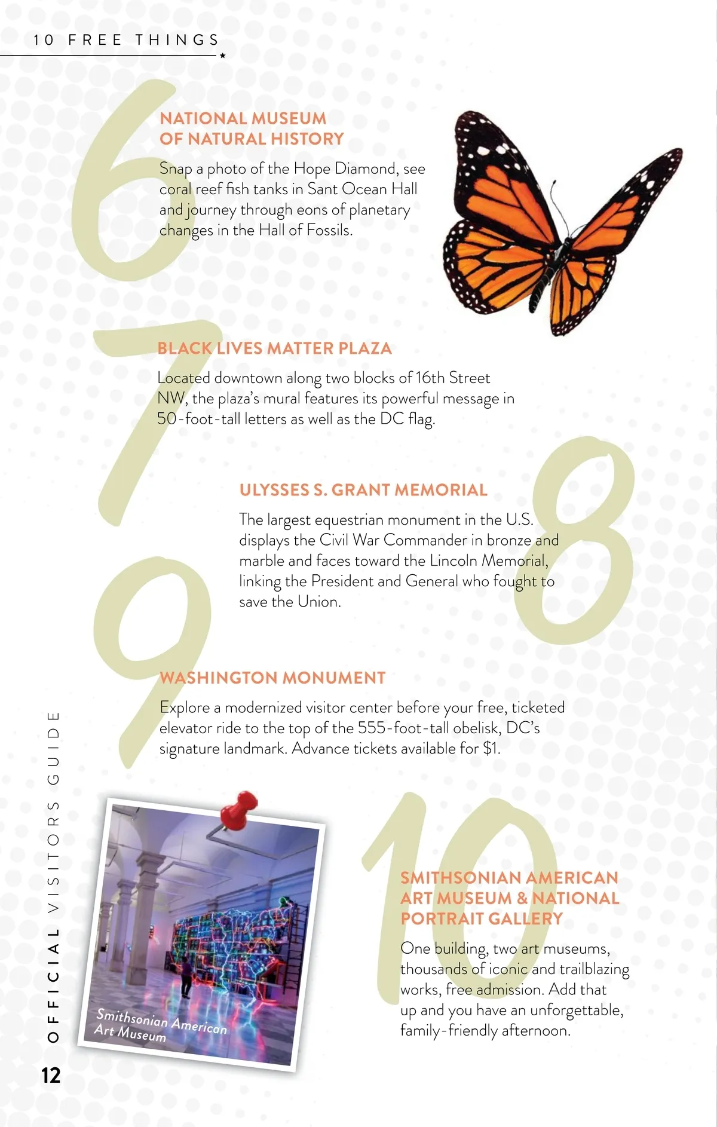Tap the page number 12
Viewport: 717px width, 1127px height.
pyautogui.click(x=51, y=1075)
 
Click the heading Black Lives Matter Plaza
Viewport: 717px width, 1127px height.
pyautogui.click(x=274, y=348)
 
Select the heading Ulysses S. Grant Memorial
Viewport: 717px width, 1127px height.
pyautogui.click(x=363, y=490)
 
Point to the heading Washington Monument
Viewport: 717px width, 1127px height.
pyautogui.click(x=272, y=678)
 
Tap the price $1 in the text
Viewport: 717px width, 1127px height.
pyautogui.click(x=491, y=748)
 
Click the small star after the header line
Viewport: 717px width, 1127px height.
pyautogui.click(x=223, y=56)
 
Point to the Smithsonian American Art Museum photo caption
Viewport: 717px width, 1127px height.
pyautogui.click(x=160, y=1025)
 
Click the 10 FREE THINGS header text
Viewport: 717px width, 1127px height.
pyautogui.click(x=126, y=40)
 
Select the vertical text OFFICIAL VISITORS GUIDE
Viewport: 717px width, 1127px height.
pyautogui.click(x=53, y=875)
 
